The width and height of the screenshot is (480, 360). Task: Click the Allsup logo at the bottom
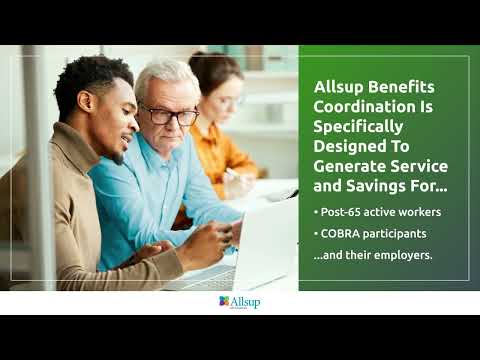pos(239,301)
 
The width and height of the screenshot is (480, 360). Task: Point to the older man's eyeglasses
pos(170,115)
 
